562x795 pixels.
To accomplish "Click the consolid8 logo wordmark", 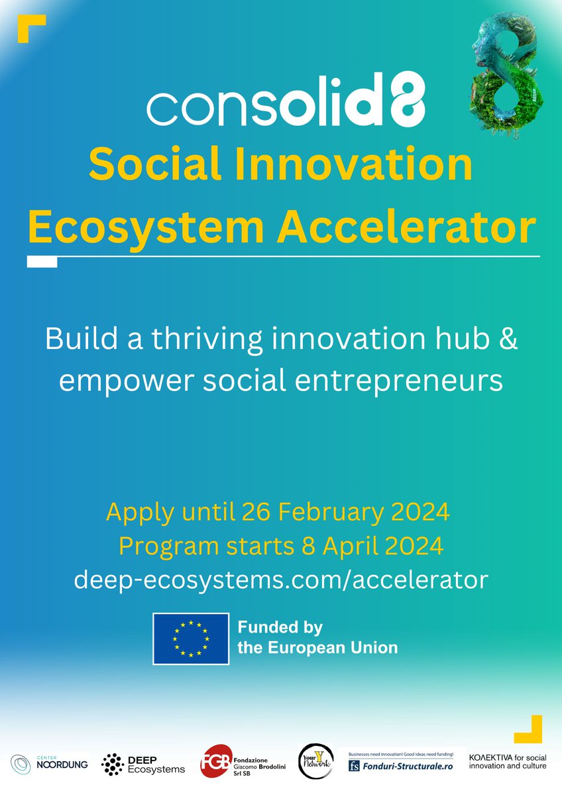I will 286,105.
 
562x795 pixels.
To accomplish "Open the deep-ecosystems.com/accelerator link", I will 281,580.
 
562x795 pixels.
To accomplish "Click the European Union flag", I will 191,638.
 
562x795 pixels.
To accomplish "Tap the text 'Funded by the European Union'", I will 317,637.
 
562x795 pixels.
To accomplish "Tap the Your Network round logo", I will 315,761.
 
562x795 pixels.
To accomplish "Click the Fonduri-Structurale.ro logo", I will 402,761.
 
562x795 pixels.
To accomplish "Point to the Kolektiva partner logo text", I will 508,761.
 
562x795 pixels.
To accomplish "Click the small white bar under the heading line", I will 42,262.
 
